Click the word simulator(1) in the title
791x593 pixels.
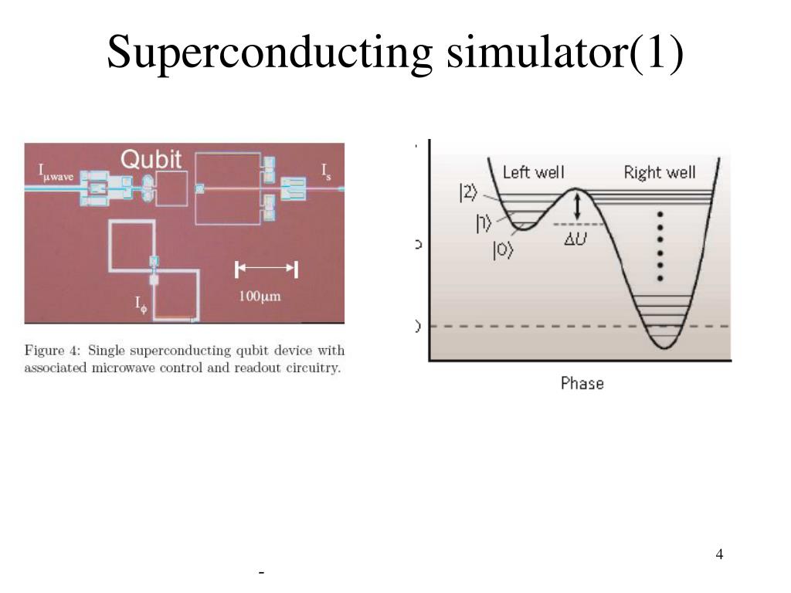click(x=563, y=53)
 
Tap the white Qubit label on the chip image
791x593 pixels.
click(x=151, y=160)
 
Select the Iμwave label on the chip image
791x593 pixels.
click(x=57, y=173)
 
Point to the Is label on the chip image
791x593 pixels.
click(x=327, y=170)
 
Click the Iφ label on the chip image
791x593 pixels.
click(x=141, y=304)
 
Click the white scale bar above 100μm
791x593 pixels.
click(x=266, y=269)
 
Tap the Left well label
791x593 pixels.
click(x=533, y=172)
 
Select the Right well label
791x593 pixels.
click(x=660, y=172)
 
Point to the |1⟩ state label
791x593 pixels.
click(x=484, y=223)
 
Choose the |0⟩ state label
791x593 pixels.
click(x=503, y=251)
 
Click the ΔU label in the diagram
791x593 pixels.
click(x=575, y=239)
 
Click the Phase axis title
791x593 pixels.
click(x=582, y=383)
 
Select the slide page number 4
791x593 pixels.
click(x=719, y=554)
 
